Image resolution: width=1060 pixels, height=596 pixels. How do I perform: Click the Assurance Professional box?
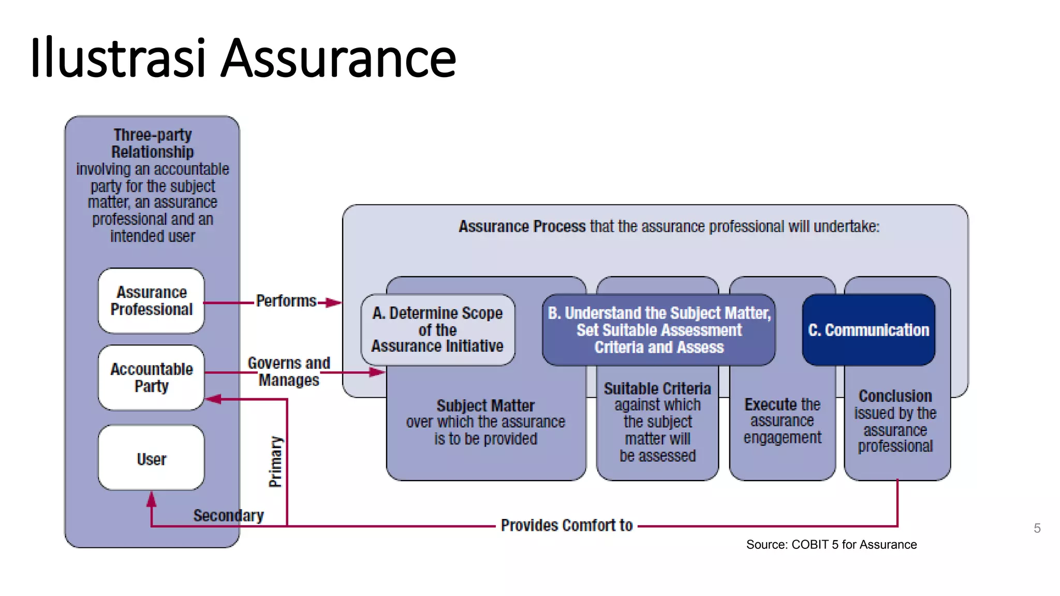151,301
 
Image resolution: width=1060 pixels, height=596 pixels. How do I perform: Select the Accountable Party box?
151,378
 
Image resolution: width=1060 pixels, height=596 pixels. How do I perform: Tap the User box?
151,458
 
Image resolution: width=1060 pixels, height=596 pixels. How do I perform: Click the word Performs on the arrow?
286,301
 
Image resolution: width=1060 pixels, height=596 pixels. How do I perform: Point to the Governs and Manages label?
289,371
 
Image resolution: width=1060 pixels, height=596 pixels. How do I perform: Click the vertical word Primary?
276,461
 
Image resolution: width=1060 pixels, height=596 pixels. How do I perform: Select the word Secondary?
228,515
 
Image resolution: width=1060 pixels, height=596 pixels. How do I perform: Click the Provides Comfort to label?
567,526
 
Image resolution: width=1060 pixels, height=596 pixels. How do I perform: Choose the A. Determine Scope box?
437,330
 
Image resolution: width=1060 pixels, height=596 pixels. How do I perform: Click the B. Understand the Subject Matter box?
659,330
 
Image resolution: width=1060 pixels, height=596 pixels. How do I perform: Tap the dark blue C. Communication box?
868,330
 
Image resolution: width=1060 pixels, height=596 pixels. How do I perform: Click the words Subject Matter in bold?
485,406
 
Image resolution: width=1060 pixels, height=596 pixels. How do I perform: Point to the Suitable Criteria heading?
657,389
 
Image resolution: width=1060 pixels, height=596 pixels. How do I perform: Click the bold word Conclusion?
895,396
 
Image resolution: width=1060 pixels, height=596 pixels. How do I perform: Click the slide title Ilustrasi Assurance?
243,58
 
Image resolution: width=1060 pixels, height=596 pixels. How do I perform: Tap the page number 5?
1037,528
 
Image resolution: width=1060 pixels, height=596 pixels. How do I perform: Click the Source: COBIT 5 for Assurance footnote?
831,545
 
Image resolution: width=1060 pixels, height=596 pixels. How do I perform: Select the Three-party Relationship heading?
152,143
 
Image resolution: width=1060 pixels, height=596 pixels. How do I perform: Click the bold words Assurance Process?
522,227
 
